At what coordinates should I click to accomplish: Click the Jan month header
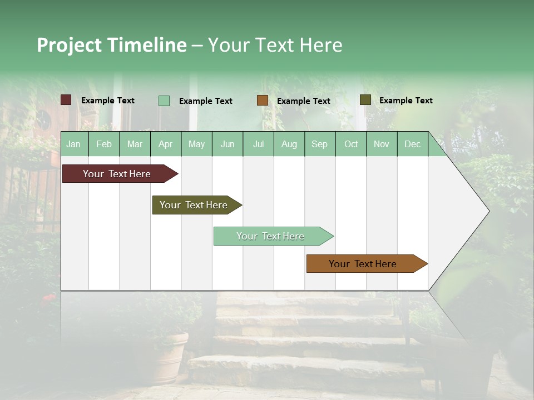click(x=73, y=144)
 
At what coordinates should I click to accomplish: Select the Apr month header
click(x=166, y=144)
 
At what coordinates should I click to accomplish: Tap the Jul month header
click(x=258, y=144)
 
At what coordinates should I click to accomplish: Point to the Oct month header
click(x=351, y=144)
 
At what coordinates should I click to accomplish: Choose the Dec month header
click(x=412, y=144)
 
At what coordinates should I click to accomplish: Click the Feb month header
click(x=104, y=144)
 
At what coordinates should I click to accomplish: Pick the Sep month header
click(x=319, y=144)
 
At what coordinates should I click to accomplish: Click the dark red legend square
click(x=66, y=100)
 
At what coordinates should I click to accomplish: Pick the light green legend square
click(x=164, y=101)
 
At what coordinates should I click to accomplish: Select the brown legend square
click(x=263, y=101)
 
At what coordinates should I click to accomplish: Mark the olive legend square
click(x=365, y=100)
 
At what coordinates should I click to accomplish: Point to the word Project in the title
click(x=70, y=45)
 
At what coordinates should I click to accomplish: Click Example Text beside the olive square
click(x=406, y=101)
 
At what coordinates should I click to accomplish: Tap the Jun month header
click(x=228, y=144)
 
